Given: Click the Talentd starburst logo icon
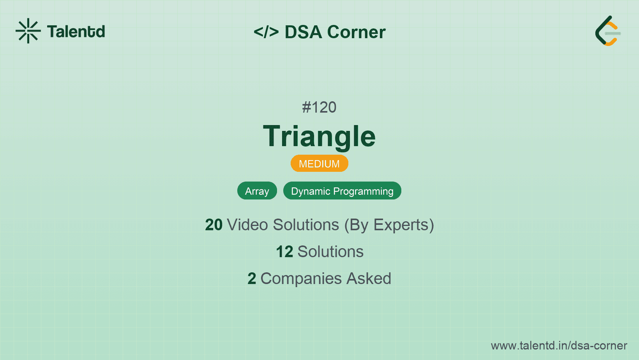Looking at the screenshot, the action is [x=28, y=31].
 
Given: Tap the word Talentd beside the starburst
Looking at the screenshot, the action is [x=76, y=32].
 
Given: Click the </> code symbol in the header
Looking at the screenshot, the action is [x=266, y=32].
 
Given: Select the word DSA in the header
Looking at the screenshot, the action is [x=303, y=32].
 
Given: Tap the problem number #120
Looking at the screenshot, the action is [x=319, y=107].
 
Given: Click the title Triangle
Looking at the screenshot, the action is [x=319, y=137].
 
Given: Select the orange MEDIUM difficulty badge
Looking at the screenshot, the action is [x=319, y=164].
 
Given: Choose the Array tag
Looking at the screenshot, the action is [x=257, y=191].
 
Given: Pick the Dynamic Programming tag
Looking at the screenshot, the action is [x=342, y=191].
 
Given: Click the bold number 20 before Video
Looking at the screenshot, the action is [x=214, y=225].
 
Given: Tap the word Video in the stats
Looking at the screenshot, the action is [x=247, y=225].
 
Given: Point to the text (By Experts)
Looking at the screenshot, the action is [x=389, y=225].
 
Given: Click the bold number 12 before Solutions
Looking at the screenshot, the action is [x=284, y=252].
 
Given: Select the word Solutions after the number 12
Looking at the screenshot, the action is [x=331, y=252].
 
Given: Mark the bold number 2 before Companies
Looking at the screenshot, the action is [x=252, y=279].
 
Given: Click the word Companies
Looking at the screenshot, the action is [x=301, y=279].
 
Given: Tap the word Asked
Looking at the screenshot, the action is [x=369, y=279].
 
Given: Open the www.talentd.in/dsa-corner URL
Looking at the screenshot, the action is [x=559, y=346].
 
